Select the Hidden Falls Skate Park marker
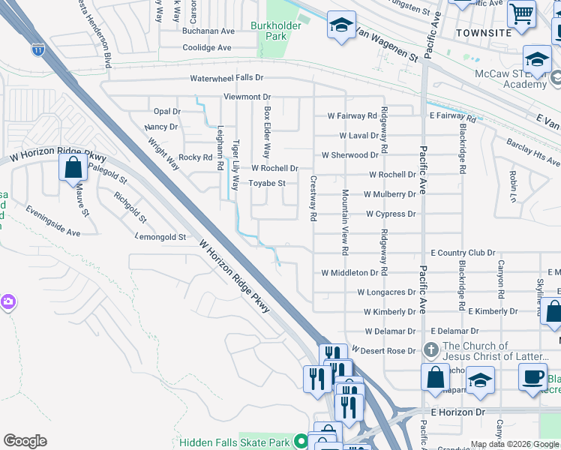pyautogui.click(x=301, y=442)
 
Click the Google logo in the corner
pyautogui.click(x=25, y=441)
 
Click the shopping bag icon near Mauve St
pyautogui.click(x=73, y=167)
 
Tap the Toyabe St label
pyautogui.click(x=268, y=183)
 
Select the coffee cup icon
pyautogui.click(x=532, y=376)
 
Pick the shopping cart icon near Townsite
pyautogui.click(x=520, y=13)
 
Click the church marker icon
pyautogui.click(x=431, y=349)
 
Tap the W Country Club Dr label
pyautogui.click(x=463, y=253)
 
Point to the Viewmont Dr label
pyautogui.click(x=247, y=97)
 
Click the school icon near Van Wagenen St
pyautogui.click(x=341, y=26)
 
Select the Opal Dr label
pyautogui.click(x=166, y=112)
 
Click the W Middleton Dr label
pyautogui.click(x=355, y=273)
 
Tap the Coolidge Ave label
pyautogui.click(x=207, y=48)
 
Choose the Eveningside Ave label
pyautogui.click(x=52, y=223)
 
